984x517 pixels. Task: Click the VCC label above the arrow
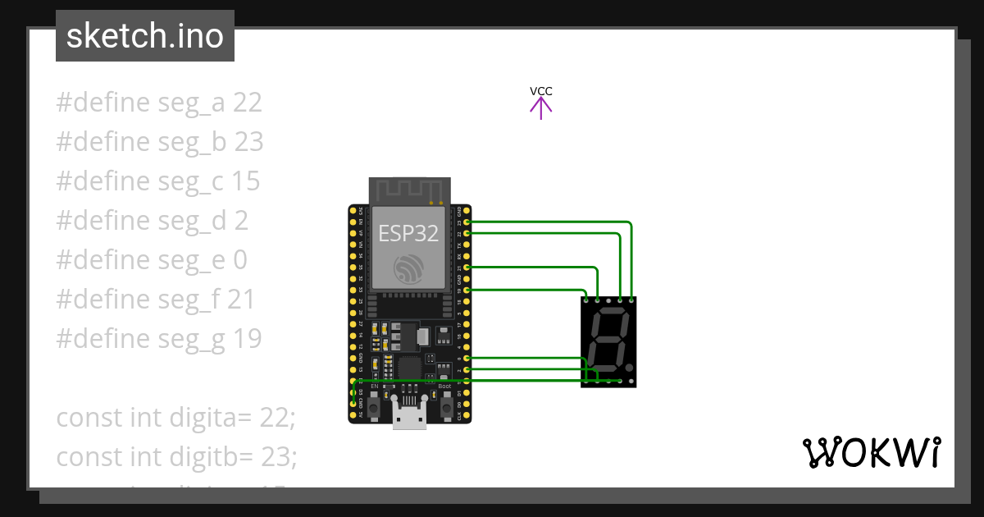[540, 91]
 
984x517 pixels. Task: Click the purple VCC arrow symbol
[540, 108]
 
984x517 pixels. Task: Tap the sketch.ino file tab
[144, 36]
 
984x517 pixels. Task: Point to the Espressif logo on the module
[408, 268]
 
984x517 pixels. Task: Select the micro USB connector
[409, 414]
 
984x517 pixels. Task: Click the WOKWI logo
[871, 453]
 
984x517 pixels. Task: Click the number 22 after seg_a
[247, 103]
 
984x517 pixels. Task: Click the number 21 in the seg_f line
[241, 300]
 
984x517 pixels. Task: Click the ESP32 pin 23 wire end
[467, 222]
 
